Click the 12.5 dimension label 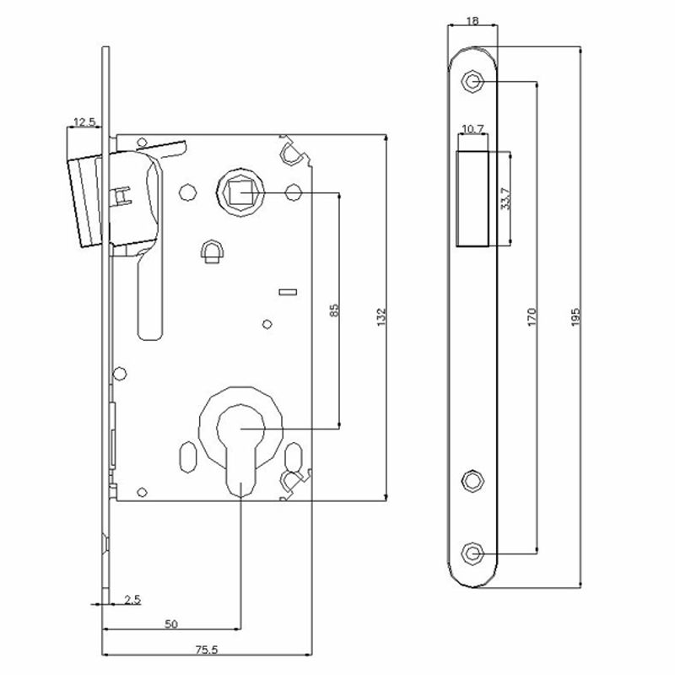tap(84, 121)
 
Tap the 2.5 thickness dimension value tap(132, 600)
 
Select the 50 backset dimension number tap(171, 624)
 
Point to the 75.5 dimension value tap(207, 650)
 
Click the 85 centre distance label tap(334, 310)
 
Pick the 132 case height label tap(382, 317)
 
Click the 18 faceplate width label tap(472, 20)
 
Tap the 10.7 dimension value tap(472, 129)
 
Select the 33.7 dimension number tap(506, 198)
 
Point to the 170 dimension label tap(532, 317)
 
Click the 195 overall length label tap(575, 317)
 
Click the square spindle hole tap(240, 192)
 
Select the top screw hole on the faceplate tap(472, 81)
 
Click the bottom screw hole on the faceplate tap(472, 553)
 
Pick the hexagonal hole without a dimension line tap(473, 480)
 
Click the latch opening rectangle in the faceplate tap(472, 199)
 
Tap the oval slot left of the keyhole tap(187, 457)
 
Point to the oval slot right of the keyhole tap(293, 457)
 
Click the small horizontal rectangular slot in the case tap(288, 292)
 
